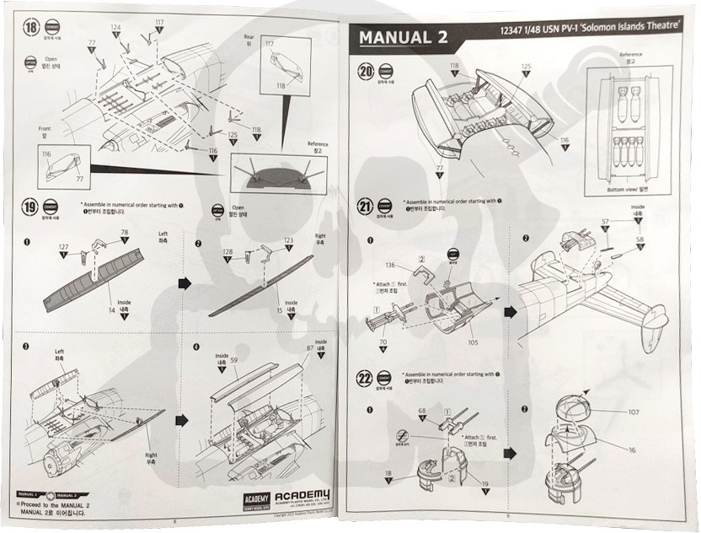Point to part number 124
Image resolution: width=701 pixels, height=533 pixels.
tap(116, 28)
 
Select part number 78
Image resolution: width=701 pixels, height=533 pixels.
tap(125, 232)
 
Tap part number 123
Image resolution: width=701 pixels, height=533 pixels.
tap(289, 240)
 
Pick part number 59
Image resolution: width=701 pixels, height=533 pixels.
tap(233, 361)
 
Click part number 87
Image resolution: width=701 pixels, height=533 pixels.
tap(310, 347)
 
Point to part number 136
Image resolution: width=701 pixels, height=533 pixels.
tap(391, 266)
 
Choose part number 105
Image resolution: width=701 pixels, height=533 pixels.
tap(473, 342)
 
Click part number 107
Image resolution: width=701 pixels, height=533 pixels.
tap(634, 412)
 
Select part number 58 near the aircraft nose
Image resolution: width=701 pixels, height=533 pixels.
tap(639, 240)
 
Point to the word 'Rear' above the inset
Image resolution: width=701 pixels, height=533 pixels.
tap(249, 37)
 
